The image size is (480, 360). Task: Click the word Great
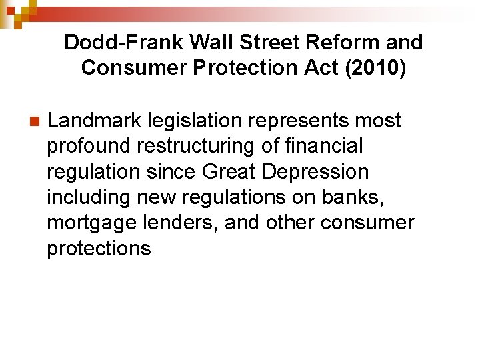(229, 172)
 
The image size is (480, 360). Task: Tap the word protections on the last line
(99, 249)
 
